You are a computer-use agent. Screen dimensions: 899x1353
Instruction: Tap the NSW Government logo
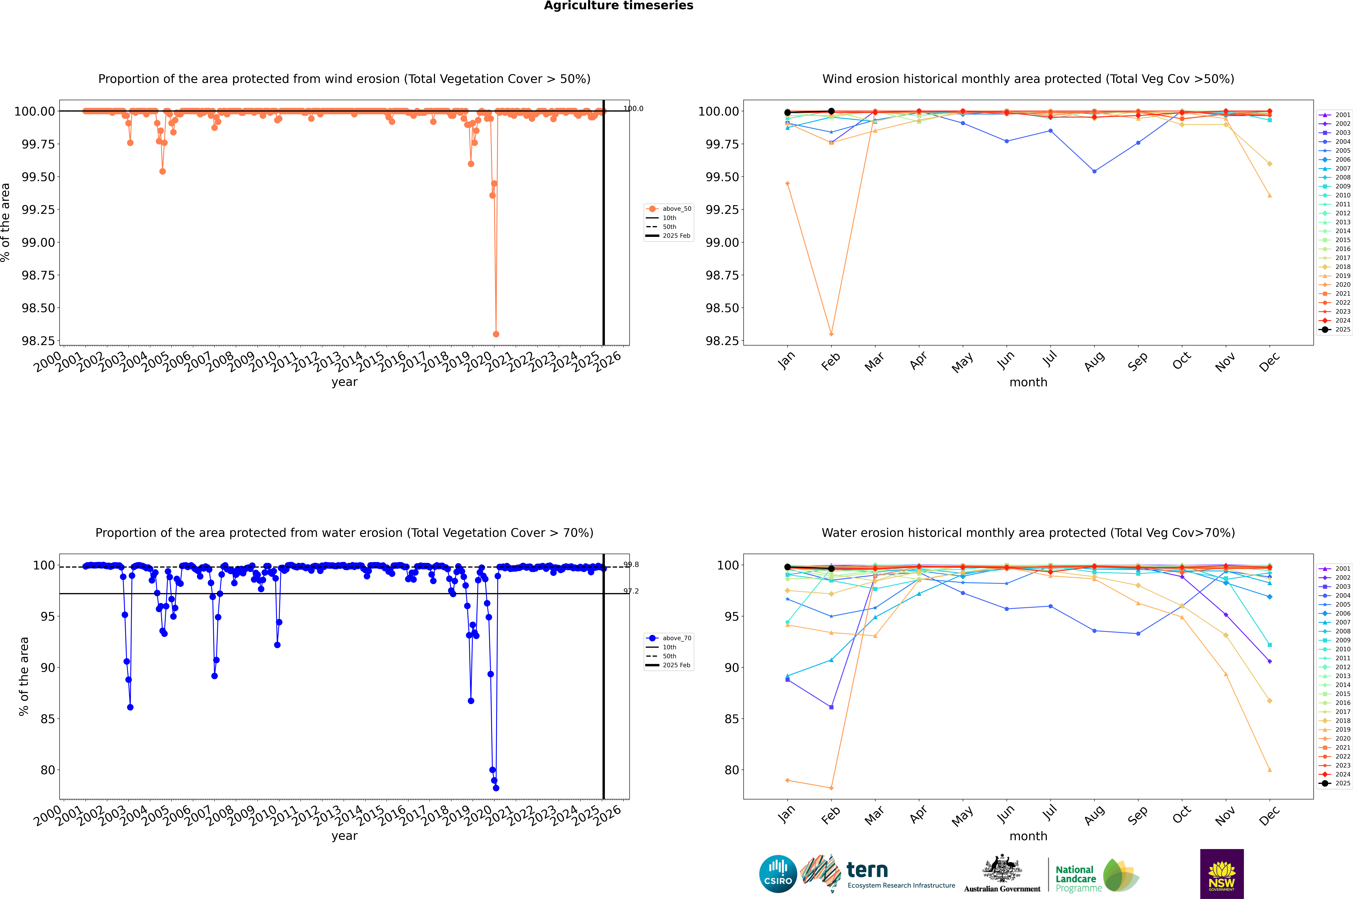(x=1222, y=874)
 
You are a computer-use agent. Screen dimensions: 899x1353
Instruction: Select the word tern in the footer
(x=867, y=870)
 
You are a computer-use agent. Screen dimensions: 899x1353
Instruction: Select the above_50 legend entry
(x=669, y=209)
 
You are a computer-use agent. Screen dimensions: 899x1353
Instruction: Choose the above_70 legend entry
(x=669, y=638)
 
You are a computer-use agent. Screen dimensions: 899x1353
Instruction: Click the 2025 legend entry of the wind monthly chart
(x=1335, y=330)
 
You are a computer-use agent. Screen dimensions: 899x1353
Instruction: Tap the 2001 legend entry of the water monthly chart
(x=1335, y=569)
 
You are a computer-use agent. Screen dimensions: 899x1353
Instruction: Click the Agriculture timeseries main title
(x=618, y=6)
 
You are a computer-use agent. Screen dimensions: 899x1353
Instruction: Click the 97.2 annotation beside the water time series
(x=631, y=591)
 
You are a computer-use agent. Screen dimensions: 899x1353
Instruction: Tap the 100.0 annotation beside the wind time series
(x=633, y=108)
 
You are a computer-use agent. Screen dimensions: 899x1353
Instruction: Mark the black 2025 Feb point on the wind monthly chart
(x=831, y=111)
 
